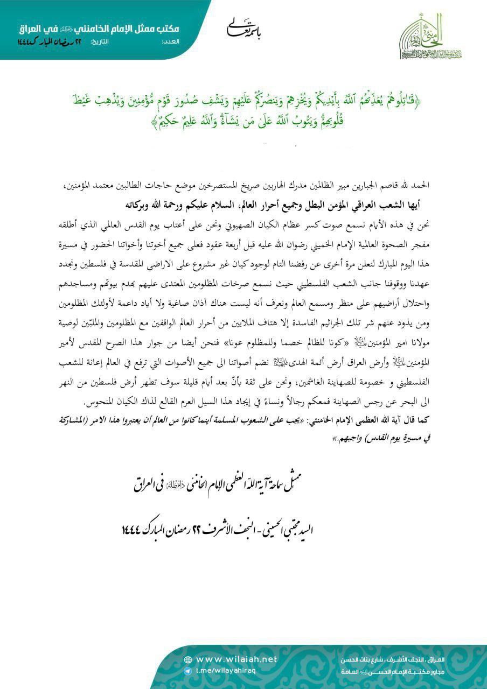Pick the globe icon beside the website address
pos(187,660)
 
